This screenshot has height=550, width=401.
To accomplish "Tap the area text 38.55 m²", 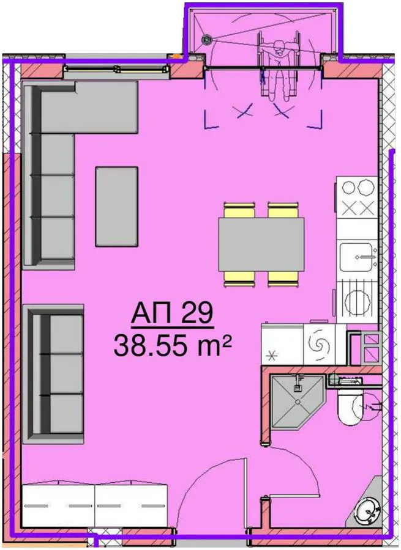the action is [173, 345].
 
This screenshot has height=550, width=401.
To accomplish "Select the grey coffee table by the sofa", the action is [117, 207].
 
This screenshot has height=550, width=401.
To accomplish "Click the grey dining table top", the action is [261, 244].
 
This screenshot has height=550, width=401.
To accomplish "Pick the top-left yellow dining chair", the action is [239, 210].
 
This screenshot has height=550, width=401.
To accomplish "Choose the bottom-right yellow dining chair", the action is [283, 279].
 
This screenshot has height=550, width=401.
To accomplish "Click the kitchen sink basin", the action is [356, 257].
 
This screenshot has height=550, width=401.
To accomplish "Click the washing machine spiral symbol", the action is [320, 344].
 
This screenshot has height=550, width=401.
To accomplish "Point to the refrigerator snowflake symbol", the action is [271, 357].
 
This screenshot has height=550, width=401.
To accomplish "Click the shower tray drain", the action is [298, 402].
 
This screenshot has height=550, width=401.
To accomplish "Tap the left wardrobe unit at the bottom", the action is [58, 505].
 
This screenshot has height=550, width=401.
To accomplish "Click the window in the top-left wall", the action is [116, 69].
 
